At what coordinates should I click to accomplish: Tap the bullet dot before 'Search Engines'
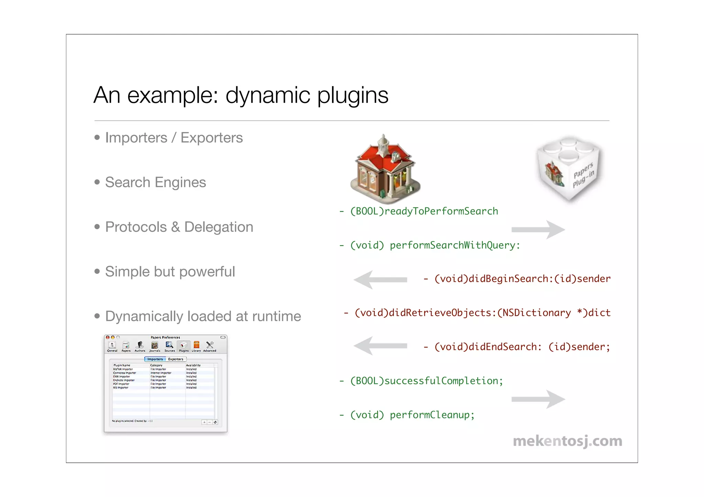[97, 182]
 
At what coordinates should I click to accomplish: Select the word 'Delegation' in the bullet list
[219, 227]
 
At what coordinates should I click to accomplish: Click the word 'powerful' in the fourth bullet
[207, 272]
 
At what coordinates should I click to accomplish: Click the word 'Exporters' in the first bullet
[211, 138]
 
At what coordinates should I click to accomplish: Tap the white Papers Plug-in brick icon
[569, 168]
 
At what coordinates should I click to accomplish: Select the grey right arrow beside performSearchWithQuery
[538, 229]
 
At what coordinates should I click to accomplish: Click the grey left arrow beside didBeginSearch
[380, 280]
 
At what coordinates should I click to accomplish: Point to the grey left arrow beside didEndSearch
[380, 346]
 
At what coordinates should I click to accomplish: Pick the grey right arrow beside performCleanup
[538, 399]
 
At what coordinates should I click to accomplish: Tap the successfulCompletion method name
[441, 381]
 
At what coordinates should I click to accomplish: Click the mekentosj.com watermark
[568, 441]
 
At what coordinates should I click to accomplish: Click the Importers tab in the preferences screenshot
[155, 359]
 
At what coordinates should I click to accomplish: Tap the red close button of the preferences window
[108, 337]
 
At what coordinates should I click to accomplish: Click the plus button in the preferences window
[204, 422]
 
